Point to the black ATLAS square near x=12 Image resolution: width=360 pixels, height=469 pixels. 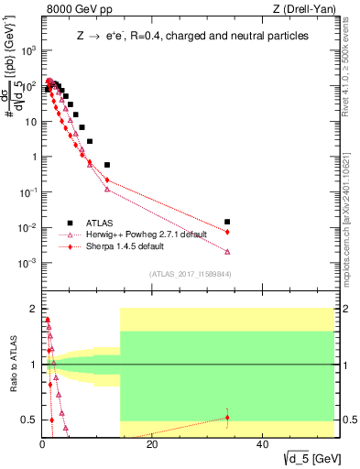[x=107, y=165]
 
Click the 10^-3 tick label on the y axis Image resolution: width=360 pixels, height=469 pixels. [x=29, y=263]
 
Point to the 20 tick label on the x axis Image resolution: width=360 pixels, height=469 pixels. [x=152, y=445]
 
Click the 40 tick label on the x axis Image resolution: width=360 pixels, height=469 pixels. [x=262, y=445]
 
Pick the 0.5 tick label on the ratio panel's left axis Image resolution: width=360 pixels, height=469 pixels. [x=27, y=420]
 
